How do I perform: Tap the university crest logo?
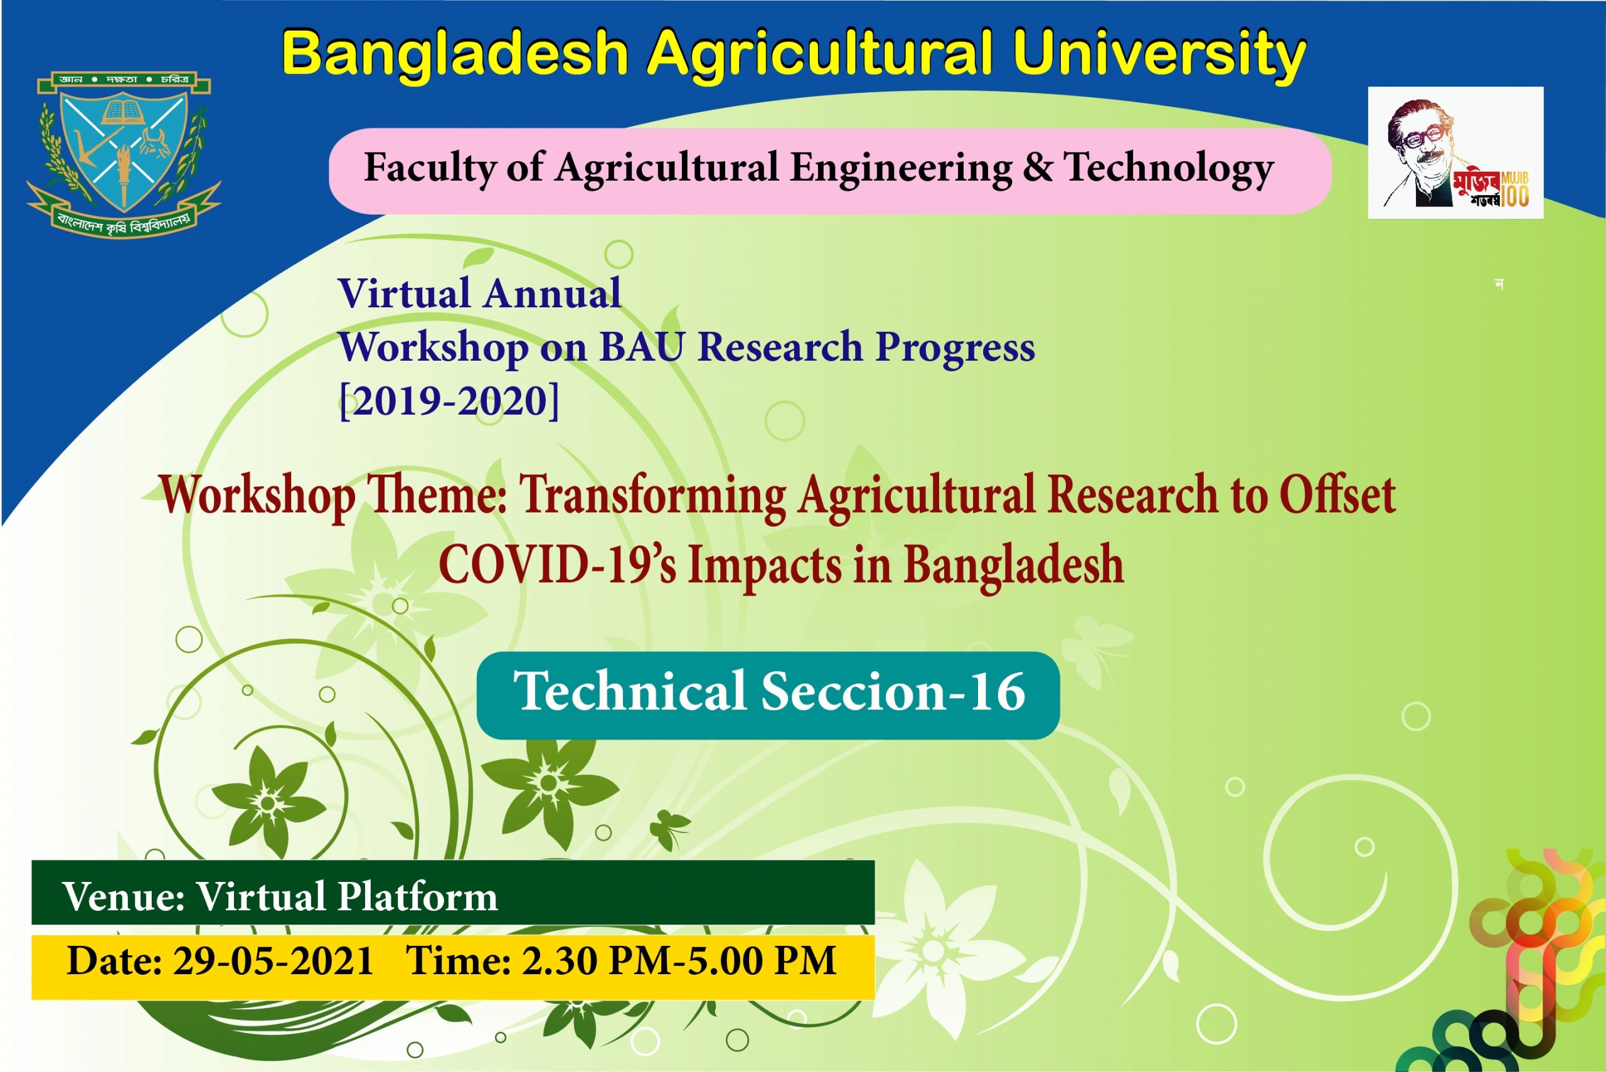[x=124, y=153]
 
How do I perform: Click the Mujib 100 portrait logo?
[x=1455, y=152]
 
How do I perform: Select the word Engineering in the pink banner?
[x=901, y=168]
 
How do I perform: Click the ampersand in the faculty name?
[x=1038, y=167]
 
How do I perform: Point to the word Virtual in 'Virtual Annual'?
[x=404, y=294]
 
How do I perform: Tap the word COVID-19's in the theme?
[x=557, y=565]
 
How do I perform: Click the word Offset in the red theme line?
[x=1337, y=494]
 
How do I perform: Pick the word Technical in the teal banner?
[x=630, y=691]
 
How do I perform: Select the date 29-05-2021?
[x=273, y=960]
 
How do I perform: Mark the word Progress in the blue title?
[x=955, y=348]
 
